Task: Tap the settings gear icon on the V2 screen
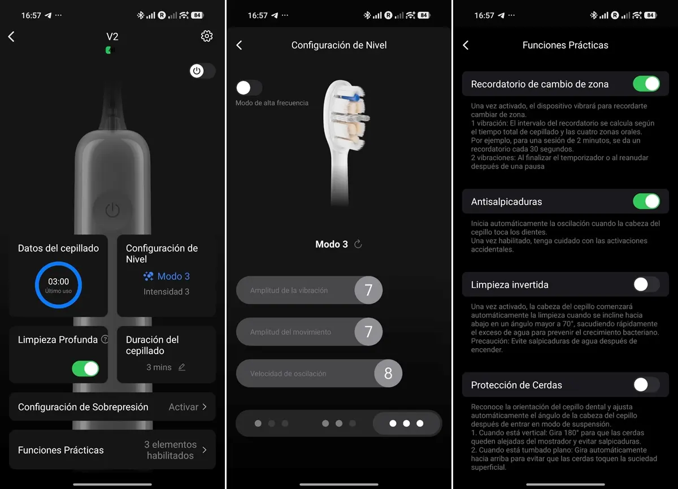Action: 207,36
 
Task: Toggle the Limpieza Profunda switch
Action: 85,369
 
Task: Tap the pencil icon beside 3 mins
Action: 181,367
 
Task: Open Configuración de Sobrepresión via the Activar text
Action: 184,407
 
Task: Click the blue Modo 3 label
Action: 173,276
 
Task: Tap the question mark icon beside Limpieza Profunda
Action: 105,339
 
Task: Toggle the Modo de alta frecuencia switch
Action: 249,88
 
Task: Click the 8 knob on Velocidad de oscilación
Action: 388,373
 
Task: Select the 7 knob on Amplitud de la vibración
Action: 368,290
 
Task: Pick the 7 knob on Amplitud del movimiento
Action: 368,332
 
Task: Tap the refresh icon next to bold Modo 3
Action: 358,244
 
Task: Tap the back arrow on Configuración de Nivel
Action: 239,45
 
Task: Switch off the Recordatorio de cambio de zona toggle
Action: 646,84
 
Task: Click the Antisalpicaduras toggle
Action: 646,201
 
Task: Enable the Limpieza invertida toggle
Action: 646,284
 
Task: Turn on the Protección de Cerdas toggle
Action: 646,385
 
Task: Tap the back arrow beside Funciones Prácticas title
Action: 466,45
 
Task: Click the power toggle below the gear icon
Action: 202,71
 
